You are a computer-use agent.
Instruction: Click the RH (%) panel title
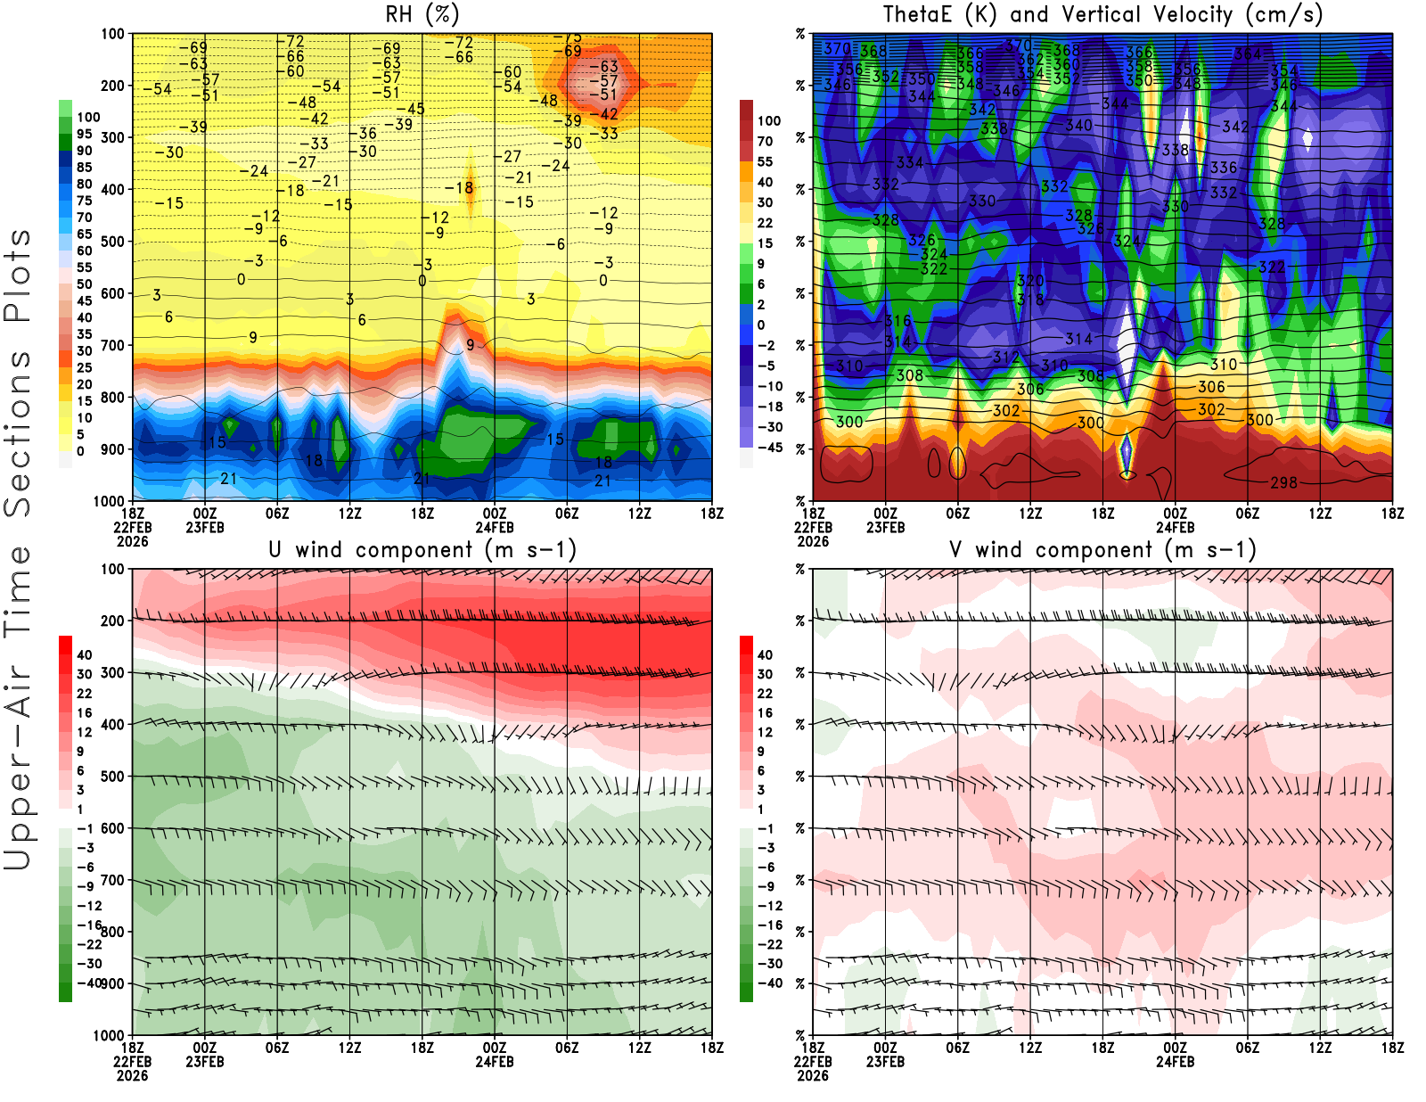[422, 14]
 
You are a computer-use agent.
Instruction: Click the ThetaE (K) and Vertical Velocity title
[1102, 14]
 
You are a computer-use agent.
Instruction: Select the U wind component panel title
[422, 549]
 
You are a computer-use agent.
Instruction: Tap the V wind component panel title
[1102, 549]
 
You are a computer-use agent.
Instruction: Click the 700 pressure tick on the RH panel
[113, 345]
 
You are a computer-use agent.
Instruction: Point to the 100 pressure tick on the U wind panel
[113, 569]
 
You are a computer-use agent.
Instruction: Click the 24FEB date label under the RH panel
[495, 527]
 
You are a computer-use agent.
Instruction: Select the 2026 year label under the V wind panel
[813, 1075]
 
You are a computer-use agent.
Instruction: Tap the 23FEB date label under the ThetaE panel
[885, 527]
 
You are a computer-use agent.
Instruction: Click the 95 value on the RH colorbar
[84, 134]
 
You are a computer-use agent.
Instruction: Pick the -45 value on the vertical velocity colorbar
[769, 448]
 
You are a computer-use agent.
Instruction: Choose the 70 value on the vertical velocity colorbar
[765, 141]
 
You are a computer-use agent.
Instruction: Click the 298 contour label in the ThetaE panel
[1283, 482]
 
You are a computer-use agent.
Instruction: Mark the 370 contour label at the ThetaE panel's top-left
[836, 49]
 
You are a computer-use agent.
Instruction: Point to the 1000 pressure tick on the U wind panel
[109, 1035]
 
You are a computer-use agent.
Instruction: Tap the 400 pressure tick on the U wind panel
[113, 724]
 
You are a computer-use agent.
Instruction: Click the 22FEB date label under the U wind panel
[132, 1062]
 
